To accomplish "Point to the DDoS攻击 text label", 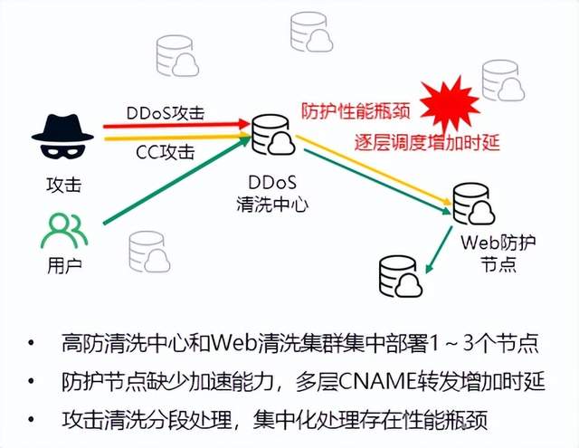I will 166,112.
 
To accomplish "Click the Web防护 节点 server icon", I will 473,205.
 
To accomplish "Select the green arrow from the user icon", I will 172,182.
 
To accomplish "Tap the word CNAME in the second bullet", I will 368,382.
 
